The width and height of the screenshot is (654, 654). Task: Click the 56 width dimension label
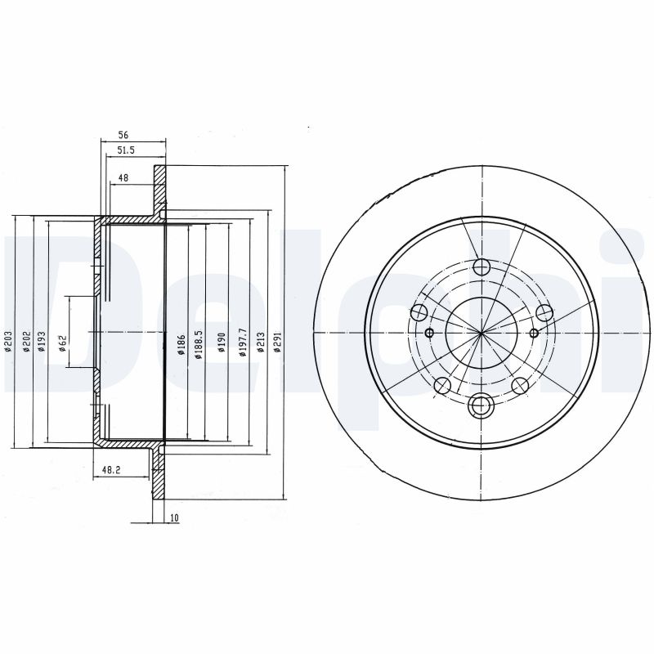click(x=123, y=135)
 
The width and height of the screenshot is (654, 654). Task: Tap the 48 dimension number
click(x=123, y=177)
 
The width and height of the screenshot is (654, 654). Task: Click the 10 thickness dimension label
click(x=174, y=517)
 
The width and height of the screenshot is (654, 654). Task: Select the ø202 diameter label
click(x=26, y=340)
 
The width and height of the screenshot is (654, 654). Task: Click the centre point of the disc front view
click(x=482, y=332)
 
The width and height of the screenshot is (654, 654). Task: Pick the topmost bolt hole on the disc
click(x=482, y=267)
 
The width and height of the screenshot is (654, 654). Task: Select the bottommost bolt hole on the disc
click(x=482, y=401)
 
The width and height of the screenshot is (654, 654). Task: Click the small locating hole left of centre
click(x=430, y=333)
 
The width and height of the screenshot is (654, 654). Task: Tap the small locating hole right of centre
click(x=534, y=332)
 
